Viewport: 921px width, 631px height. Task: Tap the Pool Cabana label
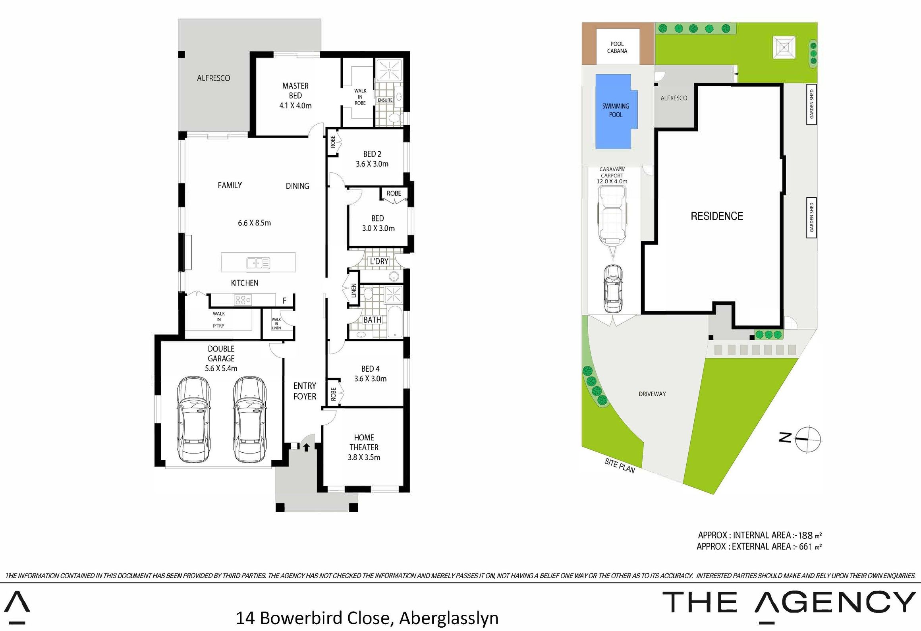617,47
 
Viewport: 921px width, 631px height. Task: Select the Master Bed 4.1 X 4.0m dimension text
295,106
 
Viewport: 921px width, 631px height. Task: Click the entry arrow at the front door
306,448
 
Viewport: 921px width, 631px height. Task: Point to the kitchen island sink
258,263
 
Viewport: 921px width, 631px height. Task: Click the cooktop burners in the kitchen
243,300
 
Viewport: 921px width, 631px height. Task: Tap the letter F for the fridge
284,301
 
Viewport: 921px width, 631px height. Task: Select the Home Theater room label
364,442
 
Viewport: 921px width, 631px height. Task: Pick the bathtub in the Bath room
395,322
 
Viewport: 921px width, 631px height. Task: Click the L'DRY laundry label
379,261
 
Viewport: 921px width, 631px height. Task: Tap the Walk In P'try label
218,320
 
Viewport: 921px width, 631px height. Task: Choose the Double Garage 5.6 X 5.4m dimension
221,368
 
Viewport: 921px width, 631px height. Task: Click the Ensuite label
385,100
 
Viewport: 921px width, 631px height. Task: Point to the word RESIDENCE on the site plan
717,216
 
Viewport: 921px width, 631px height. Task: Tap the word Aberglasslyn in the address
449,618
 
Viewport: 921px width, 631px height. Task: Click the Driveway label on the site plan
652,394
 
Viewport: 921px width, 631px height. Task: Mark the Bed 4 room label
371,369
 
